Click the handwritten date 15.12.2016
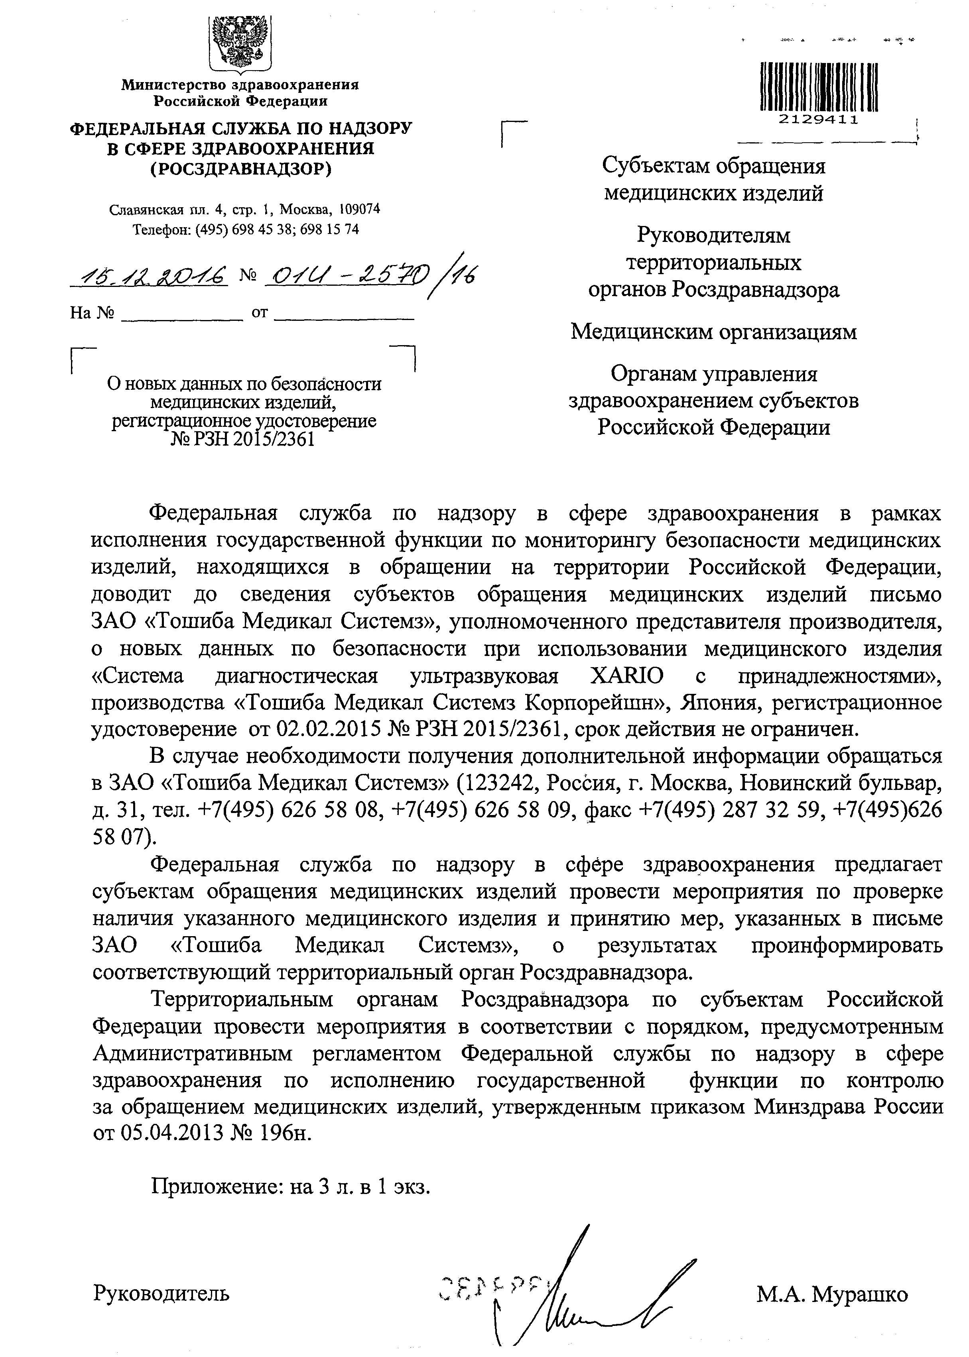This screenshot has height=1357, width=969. pos(149,276)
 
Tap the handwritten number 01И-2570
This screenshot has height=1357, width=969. pos(346,276)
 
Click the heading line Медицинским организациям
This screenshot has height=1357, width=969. pos(714,332)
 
